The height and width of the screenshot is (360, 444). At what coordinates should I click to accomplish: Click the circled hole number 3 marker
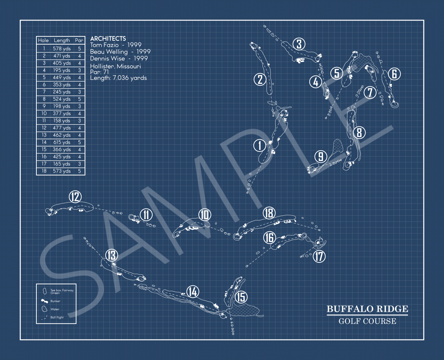coord(299,44)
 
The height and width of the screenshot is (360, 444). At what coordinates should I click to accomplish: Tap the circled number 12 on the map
coord(75,197)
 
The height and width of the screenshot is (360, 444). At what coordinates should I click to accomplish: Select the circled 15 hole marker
coord(241,297)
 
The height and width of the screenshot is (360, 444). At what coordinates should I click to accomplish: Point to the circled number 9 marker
coord(320,157)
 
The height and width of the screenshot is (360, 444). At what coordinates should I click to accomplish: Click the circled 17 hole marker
coord(319,256)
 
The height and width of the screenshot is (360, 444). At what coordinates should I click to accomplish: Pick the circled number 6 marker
coord(394,74)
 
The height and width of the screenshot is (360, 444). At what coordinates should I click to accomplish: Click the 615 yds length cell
coord(62,142)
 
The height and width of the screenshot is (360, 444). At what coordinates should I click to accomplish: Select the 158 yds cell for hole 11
coord(62,121)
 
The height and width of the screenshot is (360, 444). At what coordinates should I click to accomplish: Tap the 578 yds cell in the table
coord(62,49)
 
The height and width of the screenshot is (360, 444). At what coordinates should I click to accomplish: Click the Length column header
coord(62,40)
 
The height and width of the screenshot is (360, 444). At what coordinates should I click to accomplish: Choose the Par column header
coord(79,40)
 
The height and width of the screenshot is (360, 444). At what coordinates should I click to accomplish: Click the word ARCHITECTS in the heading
coord(108,39)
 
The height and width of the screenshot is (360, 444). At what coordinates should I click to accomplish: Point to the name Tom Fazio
coord(104,45)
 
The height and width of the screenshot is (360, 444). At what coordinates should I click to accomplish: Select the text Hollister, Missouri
coord(116,66)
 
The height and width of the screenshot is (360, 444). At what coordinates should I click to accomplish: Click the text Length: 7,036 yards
coord(118,78)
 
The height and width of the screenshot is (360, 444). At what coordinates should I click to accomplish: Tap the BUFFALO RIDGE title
coord(367,309)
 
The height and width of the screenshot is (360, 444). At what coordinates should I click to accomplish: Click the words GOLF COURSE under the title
coord(367,321)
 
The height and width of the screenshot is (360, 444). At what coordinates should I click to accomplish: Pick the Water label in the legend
coord(55,309)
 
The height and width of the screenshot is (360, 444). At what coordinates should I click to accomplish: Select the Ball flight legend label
coord(57,318)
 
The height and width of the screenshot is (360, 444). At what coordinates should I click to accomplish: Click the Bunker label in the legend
coord(55,301)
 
